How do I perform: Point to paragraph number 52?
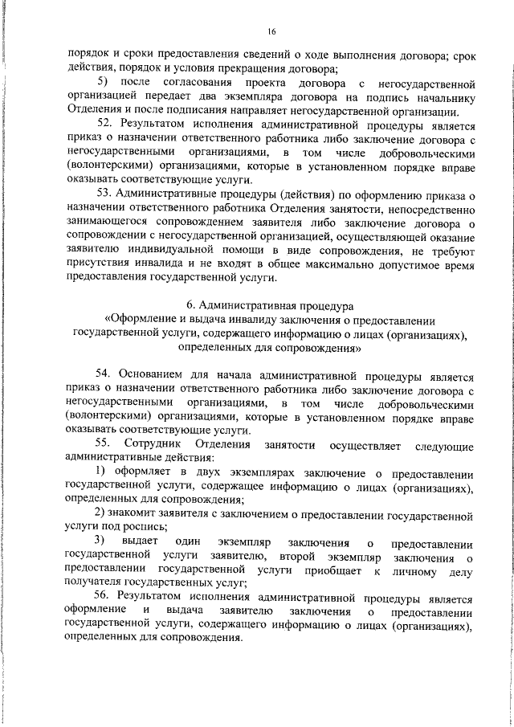(x=105, y=125)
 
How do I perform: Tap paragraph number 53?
(x=105, y=194)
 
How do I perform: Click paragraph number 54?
(x=105, y=374)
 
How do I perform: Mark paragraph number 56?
(x=105, y=597)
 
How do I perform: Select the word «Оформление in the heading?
(x=142, y=321)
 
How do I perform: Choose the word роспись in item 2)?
(x=148, y=528)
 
